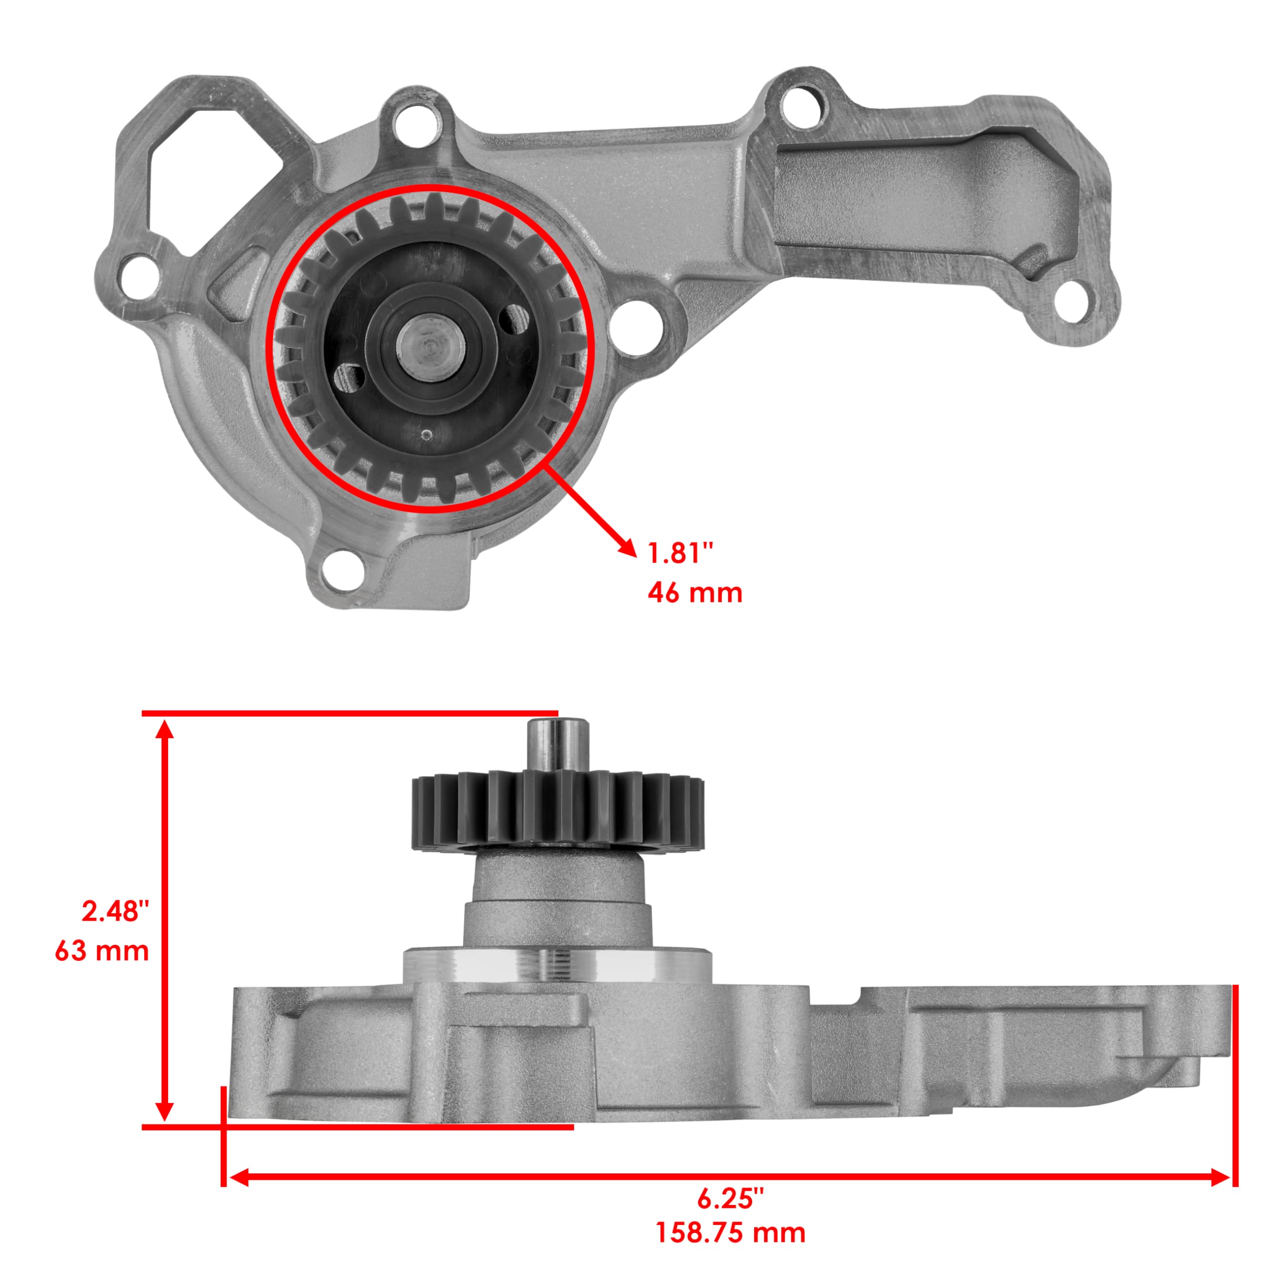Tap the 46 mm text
[x=694, y=592]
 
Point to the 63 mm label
[x=102, y=951]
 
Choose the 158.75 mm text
[x=730, y=1233]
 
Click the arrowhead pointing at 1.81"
[x=624, y=547]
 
